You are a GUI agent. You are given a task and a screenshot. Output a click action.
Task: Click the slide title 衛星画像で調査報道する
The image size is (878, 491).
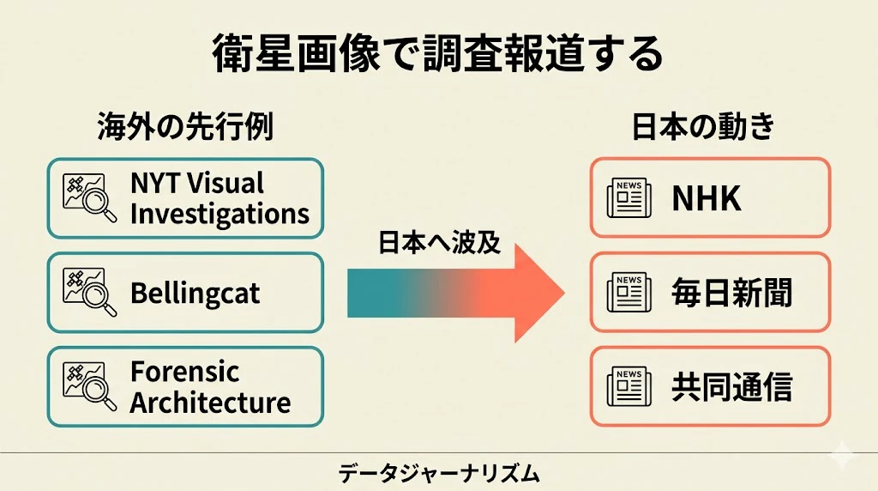coord(437,54)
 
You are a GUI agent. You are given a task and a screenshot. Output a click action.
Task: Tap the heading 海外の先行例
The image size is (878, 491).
coord(185,126)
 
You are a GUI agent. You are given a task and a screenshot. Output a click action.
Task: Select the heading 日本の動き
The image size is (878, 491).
coord(703,126)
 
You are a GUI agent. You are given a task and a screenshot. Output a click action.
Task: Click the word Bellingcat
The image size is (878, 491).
coord(195,294)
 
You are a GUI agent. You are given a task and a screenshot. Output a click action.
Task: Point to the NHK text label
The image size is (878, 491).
coord(707,198)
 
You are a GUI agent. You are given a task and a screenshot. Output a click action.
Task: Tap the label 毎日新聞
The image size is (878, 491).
coord(732,293)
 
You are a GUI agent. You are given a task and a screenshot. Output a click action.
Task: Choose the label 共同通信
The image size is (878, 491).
coord(732,387)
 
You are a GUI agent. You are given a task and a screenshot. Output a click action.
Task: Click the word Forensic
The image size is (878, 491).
coord(185,372)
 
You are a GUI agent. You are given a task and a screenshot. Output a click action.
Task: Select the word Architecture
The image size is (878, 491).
coord(211,403)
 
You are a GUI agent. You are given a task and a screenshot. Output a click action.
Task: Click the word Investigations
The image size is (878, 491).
coord(219,215)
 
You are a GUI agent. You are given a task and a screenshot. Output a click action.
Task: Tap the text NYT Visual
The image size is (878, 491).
coord(197,183)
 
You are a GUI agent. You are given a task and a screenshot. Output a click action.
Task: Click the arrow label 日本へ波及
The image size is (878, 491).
coord(439,243)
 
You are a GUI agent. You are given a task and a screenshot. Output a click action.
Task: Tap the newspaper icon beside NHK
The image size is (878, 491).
coord(629,197)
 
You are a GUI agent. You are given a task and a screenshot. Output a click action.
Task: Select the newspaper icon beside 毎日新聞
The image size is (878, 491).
coord(629,292)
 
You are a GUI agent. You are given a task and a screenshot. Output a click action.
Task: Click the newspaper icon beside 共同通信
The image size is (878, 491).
coord(629,386)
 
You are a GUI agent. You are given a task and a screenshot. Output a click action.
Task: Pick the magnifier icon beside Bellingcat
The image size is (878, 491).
coord(90,293)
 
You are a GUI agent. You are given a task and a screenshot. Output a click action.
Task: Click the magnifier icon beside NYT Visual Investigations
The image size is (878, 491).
coord(90,198)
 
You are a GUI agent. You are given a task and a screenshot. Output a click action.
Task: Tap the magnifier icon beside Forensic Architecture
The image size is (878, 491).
coord(90,387)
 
